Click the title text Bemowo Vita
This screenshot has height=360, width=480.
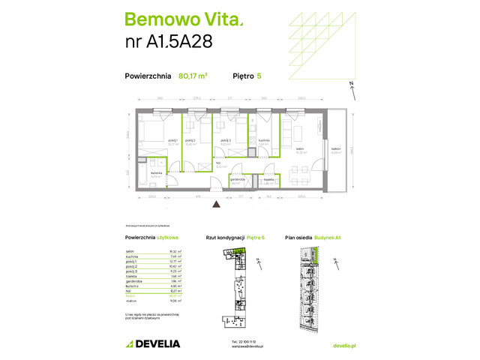169,19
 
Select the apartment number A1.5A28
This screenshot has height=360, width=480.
169,41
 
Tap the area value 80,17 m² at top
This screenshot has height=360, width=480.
193,76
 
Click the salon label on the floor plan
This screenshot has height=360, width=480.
299,148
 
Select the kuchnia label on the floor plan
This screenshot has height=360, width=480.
264,140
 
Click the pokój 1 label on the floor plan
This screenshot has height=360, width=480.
172,140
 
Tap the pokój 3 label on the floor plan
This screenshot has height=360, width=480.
224,140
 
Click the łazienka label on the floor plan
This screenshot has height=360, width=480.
156,173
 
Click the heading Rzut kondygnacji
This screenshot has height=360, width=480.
221,238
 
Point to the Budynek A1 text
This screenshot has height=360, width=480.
328,238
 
